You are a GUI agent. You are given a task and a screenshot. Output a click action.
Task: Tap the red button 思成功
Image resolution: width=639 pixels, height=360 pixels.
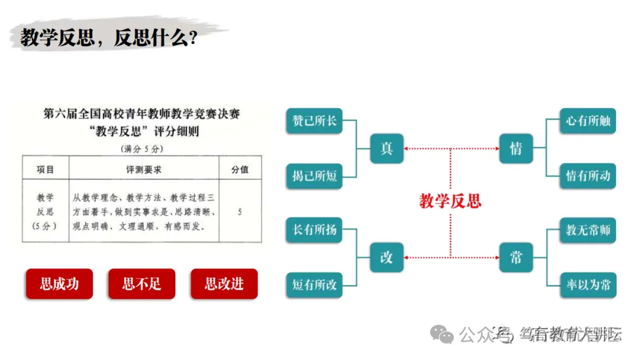point(59,284)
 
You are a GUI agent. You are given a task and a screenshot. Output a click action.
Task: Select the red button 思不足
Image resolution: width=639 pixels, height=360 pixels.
point(141,284)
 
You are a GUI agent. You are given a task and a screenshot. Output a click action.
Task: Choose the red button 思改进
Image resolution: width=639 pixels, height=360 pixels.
point(224,284)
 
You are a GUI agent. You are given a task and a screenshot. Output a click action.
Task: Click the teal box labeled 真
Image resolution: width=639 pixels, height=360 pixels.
point(387,148)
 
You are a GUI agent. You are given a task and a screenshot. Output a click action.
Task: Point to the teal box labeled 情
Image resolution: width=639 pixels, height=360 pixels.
point(516,148)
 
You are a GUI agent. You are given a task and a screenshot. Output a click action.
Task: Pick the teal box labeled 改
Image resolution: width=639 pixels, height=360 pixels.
point(387,257)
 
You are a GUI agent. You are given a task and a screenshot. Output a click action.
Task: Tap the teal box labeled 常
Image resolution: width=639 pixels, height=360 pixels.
point(516,257)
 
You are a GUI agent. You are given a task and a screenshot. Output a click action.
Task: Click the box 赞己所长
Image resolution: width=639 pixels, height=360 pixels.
point(314,121)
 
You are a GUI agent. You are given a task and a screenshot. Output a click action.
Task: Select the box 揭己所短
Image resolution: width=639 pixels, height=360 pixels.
point(314,176)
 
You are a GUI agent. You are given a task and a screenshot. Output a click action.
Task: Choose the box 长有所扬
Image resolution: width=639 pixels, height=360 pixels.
point(314,230)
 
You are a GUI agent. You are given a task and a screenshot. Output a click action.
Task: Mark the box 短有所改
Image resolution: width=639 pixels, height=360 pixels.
point(314,285)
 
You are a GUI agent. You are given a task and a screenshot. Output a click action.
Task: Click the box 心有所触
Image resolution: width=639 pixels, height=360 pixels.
point(588,121)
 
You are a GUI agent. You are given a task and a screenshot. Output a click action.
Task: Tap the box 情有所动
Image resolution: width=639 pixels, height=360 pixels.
point(588,176)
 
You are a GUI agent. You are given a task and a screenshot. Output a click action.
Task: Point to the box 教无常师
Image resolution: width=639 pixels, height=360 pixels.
point(588,230)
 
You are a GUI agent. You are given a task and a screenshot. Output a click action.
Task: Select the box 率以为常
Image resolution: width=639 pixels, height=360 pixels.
point(588,285)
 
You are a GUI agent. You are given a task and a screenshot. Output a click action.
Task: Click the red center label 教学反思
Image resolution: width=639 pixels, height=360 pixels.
point(450,201)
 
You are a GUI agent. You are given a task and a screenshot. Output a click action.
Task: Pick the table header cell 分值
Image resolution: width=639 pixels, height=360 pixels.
point(240,169)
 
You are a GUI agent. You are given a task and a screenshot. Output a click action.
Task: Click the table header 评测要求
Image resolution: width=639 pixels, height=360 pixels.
point(144,169)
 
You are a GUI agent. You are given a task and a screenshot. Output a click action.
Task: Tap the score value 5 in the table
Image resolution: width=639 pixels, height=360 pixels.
point(240,211)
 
